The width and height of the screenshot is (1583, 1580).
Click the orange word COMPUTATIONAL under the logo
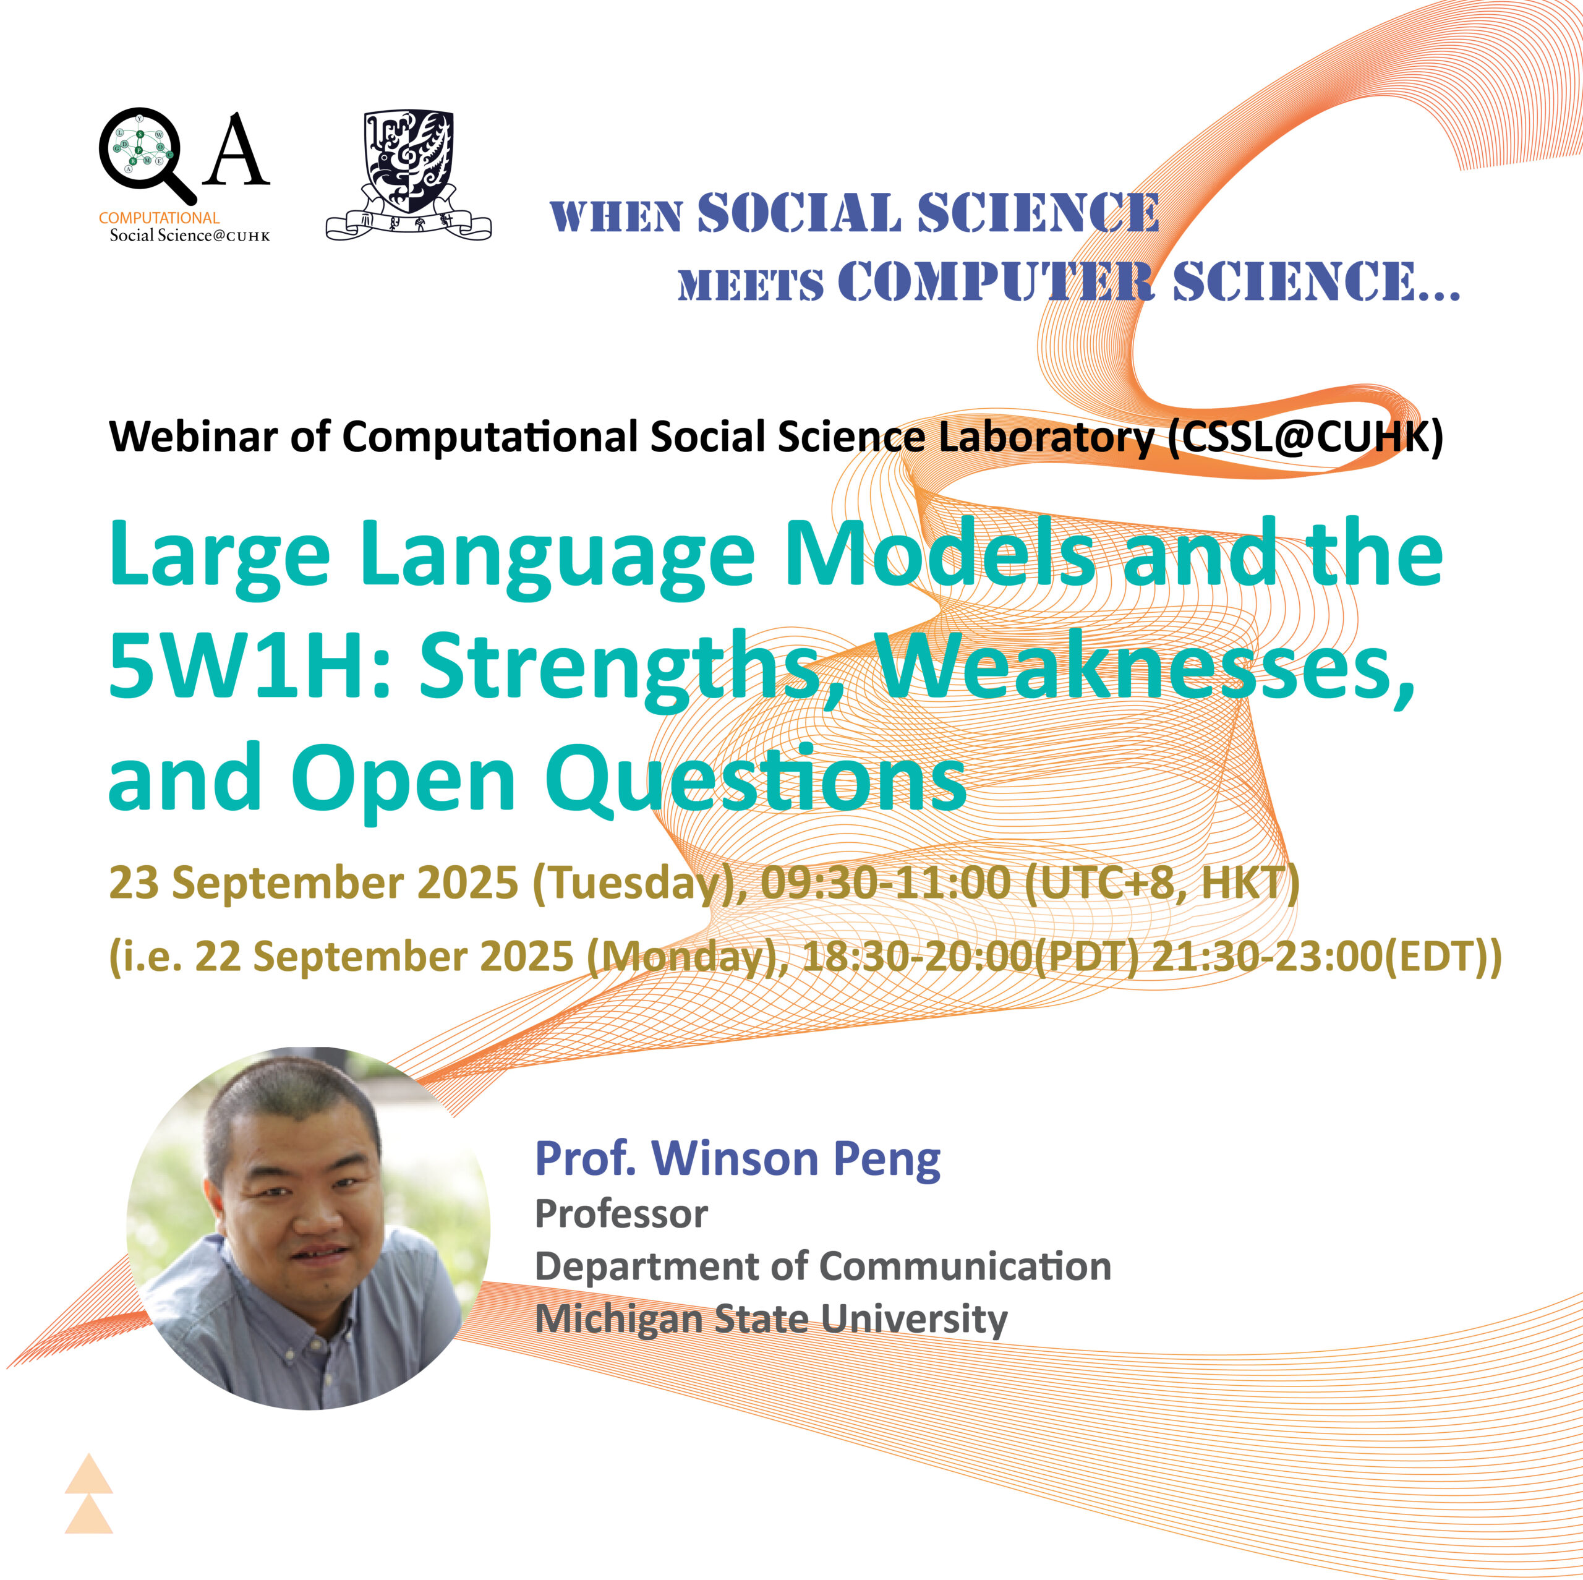[x=159, y=218]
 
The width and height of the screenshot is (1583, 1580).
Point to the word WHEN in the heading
[x=616, y=217]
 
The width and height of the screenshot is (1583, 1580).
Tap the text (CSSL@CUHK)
[x=1305, y=436]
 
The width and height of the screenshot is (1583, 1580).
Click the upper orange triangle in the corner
[x=88, y=1474]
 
